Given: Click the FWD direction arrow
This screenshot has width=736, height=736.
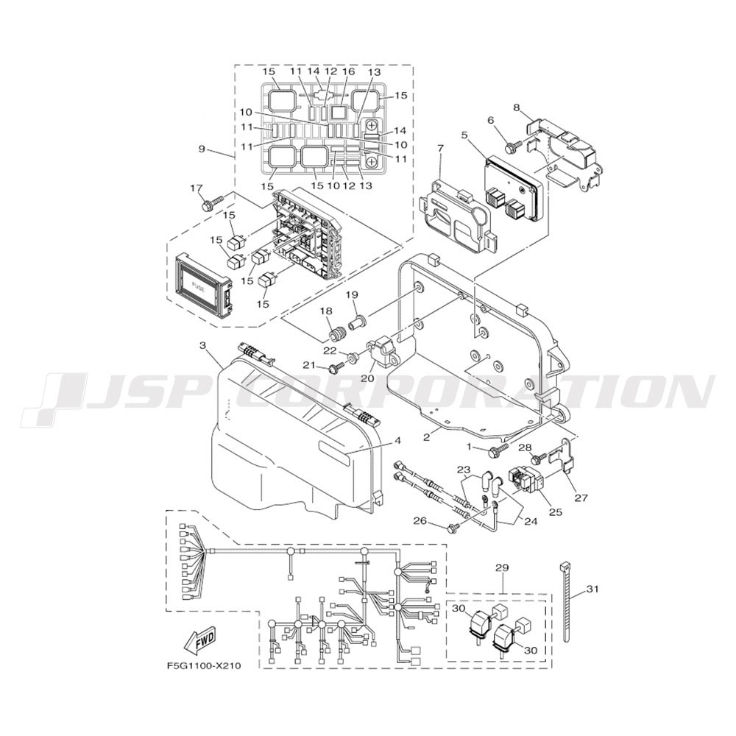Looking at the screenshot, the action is [x=199, y=640].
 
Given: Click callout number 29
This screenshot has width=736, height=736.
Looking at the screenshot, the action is [x=502, y=568].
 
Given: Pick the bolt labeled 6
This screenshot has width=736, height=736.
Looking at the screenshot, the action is [x=514, y=145].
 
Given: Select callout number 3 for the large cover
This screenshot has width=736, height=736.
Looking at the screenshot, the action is [x=203, y=345].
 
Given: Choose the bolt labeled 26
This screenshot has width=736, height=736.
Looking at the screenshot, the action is [x=457, y=526].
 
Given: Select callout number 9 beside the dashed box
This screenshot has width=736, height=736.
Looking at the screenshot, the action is [x=202, y=149].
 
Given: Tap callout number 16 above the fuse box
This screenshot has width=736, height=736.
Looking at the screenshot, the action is [x=349, y=72].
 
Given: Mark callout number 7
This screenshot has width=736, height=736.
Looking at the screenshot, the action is [x=440, y=149].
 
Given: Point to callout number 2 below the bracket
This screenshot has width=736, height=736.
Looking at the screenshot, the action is [x=426, y=437].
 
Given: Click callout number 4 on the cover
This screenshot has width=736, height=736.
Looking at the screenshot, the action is [x=397, y=441].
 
